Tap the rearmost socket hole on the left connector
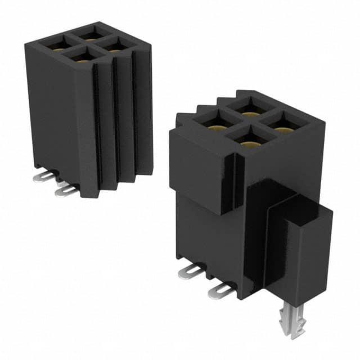pyautogui.click(x=90, y=32)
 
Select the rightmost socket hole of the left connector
pyautogui.click(x=116, y=46)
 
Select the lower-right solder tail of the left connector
pyautogui.click(x=66, y=192)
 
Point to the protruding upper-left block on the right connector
pyautogui.click(x=197, y=163)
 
